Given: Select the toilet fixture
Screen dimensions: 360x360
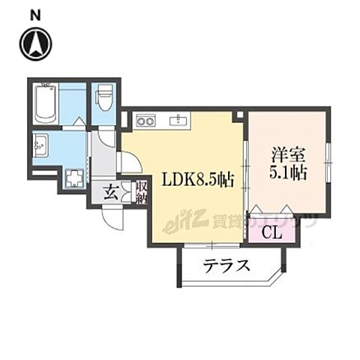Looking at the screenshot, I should click(x=103, y=97).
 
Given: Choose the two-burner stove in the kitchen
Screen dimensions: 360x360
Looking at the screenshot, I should click(x=144, y=119).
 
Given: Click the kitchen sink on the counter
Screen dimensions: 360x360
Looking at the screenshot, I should click(x=179, y=119).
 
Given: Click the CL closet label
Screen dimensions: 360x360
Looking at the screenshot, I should click(x=273, y=231).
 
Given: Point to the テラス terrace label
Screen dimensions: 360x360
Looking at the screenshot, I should click(x=226, y=265).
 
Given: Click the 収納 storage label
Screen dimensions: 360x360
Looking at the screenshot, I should click(x=141, y=191).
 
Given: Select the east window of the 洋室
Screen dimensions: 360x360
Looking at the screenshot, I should click(x=328, y=157).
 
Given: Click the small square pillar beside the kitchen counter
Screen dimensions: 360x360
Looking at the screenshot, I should click(x=238, y=116).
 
